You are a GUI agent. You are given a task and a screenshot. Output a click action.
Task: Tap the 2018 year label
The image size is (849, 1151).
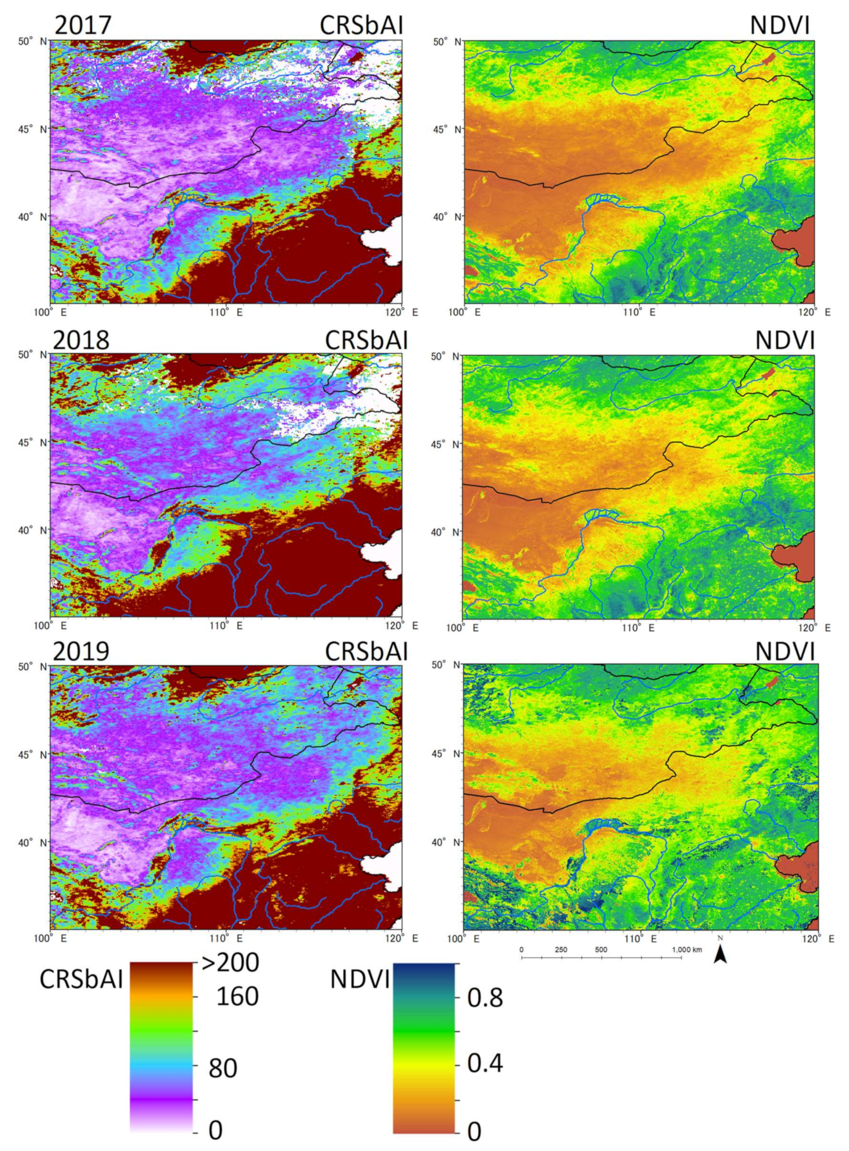(81, 339)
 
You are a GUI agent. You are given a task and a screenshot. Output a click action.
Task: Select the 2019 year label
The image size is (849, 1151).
(81, 651)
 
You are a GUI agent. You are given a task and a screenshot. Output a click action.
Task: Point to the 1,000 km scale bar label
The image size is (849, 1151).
(686, 950)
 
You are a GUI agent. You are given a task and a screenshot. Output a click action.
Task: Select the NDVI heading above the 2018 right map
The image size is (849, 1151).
(785, 339)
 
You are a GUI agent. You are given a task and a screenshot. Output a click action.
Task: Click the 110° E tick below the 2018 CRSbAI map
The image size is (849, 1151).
(229, 626)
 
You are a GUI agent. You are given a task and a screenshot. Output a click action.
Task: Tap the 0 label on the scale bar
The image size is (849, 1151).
(521, 950)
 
